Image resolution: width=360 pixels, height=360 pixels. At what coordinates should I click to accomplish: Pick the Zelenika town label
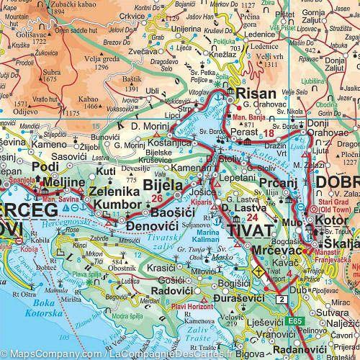pyautogui.click(x=110, y=193)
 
